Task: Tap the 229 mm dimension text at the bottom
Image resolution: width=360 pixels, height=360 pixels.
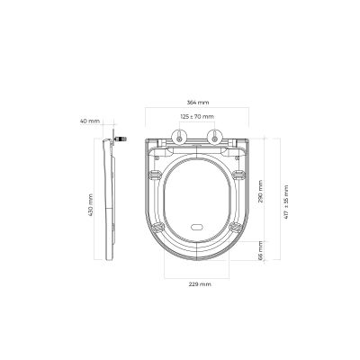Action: point(201,284)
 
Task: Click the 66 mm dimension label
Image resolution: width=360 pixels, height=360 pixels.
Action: point(262,256)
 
